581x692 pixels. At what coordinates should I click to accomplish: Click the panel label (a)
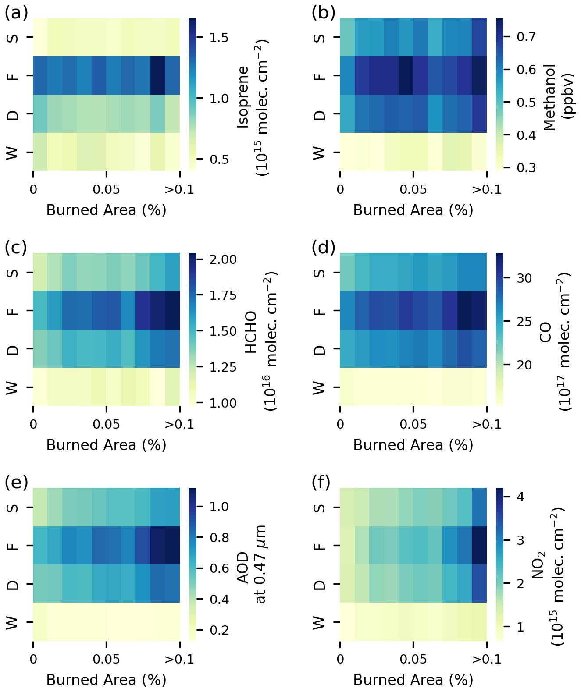point(16,13)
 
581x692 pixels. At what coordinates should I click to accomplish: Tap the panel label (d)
point(323,248)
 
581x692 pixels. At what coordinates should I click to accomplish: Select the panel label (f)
point(323,483)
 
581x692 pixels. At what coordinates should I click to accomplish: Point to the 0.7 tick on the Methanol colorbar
point(524,36)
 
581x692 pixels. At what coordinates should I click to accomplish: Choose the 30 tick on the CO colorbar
point(524,278)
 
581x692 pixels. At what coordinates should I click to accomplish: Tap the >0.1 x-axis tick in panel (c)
point(179,425)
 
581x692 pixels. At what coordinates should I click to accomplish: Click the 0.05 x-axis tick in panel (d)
point(413,425)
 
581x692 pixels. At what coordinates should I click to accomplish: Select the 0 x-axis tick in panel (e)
point(33,659)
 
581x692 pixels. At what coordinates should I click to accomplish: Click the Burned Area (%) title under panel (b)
point(413,210)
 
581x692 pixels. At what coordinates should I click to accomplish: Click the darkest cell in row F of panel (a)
point(157,76)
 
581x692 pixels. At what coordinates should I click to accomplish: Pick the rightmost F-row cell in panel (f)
point(479,546)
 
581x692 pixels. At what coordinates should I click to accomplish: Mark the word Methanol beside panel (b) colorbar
point(549,97)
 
